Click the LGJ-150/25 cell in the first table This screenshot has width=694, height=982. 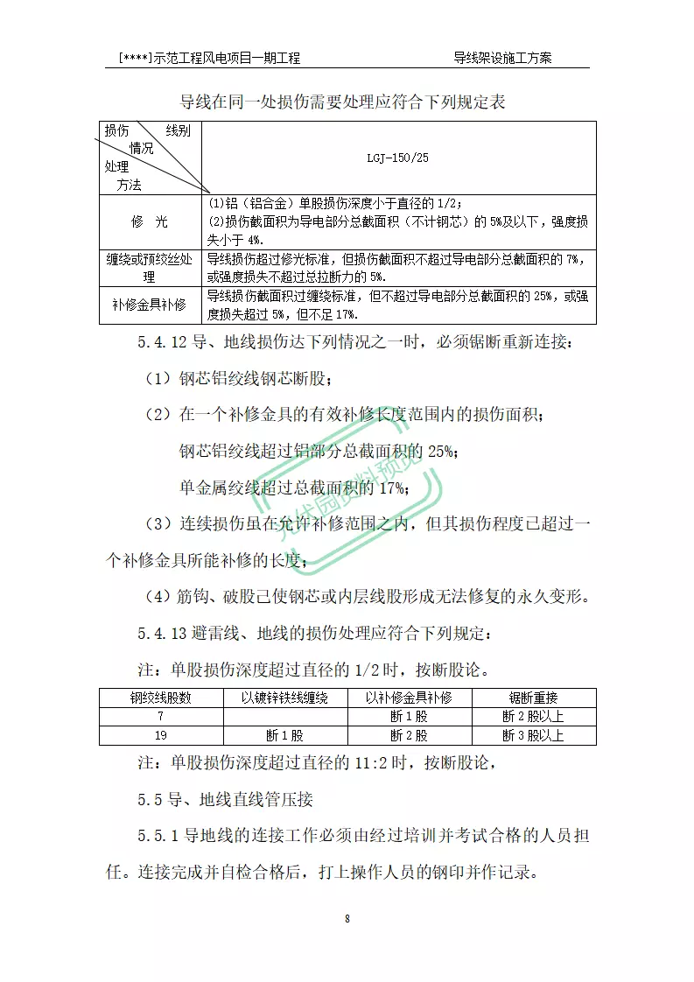click(x=398, y=158)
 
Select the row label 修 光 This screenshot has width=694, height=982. click(x=150, y=222)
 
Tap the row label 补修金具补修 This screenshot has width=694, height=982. click(x=150, y=305)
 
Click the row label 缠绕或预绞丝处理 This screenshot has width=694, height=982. click(x=150, y=268)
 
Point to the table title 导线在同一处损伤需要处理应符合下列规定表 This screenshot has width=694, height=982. click(x=343, y=102)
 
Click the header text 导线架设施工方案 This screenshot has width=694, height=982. click(x=502, y=58)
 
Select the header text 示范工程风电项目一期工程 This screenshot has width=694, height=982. click(x=226, y=58)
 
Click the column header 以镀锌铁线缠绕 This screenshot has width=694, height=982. click(x=285, y=698)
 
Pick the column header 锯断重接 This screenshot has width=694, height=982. click(x=534, y=698)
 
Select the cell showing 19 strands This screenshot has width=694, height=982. click(x=161, y=735)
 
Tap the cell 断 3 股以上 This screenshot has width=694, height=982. click(x=534, y=735)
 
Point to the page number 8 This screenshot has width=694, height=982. click(x=347, y=919)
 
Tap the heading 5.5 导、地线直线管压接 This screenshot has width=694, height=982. click(x=225, y=799)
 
